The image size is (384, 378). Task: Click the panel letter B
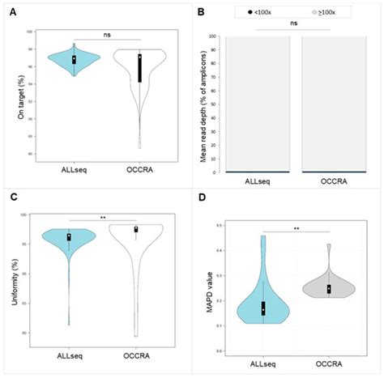click(200, 14)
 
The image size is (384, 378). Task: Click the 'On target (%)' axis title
click(12, 98)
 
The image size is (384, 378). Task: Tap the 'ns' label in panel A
click(106, 34)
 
